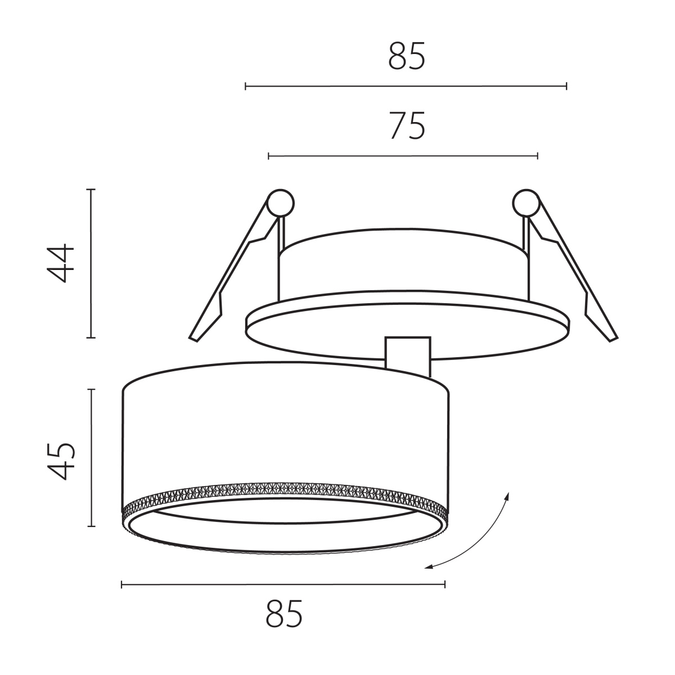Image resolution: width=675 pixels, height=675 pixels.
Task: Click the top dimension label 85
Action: point(407,56)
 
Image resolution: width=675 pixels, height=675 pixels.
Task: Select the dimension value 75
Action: point(407,126)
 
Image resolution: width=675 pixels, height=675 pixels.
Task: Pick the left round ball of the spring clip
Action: point(280,203)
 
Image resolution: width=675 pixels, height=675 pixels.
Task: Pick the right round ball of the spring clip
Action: point(526,203)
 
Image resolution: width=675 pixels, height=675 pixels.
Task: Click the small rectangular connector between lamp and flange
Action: point(407,357)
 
